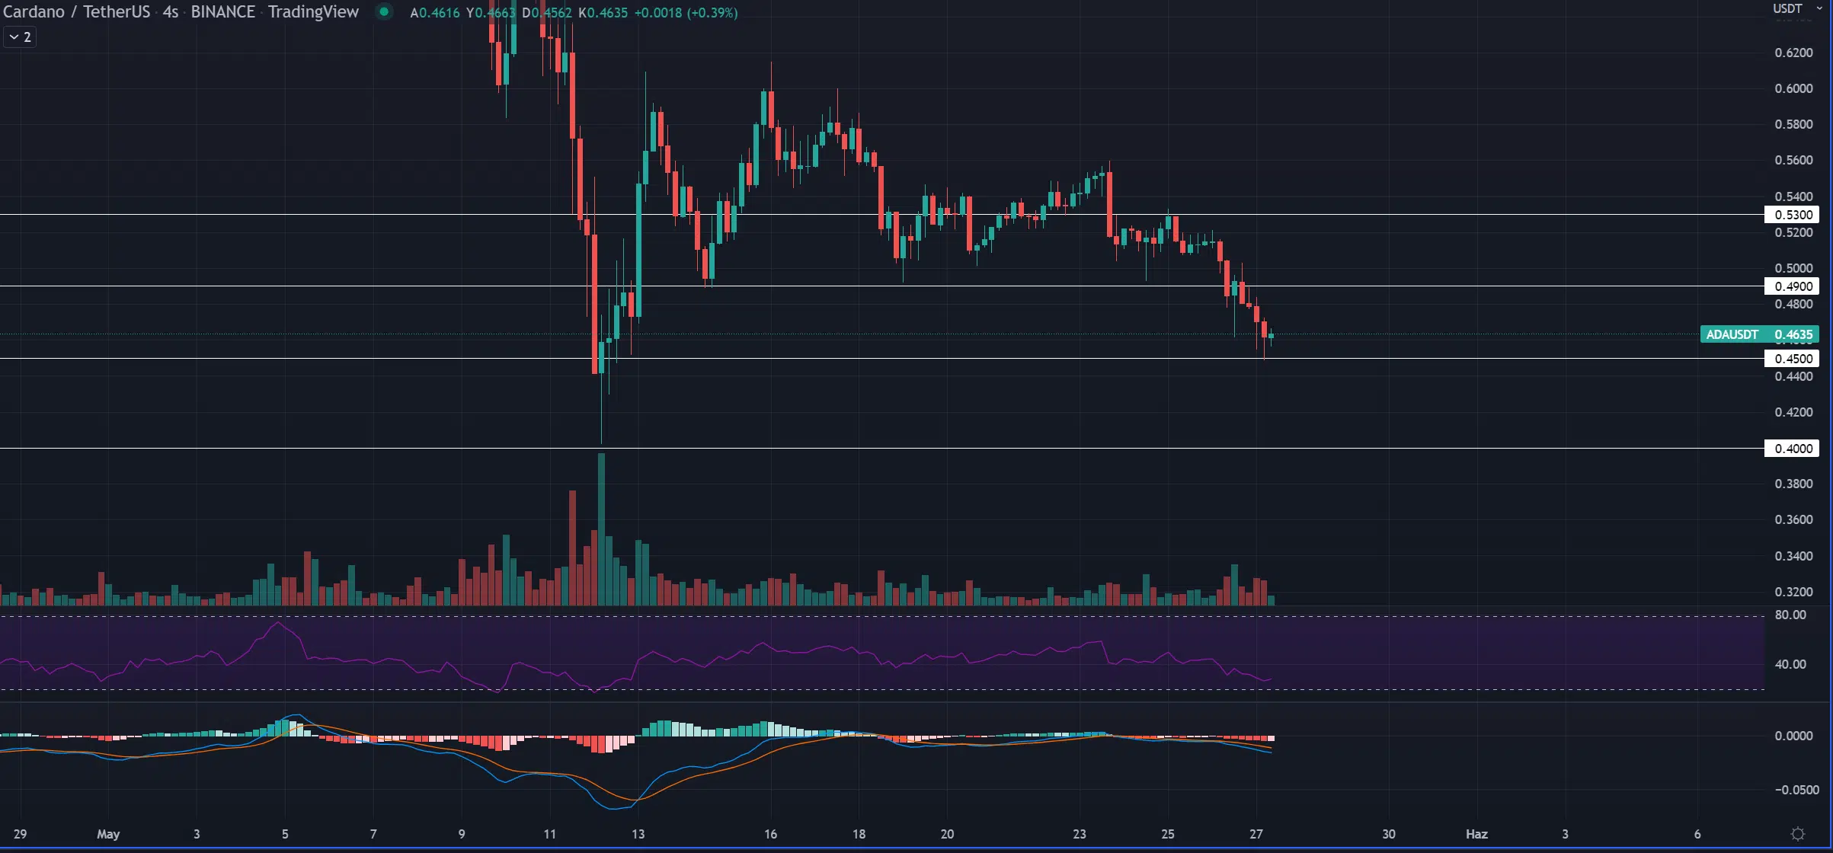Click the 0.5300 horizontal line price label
1793,215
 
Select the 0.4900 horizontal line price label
1793,286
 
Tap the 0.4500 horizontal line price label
1793,359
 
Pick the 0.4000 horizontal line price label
1793,449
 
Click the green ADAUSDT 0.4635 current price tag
1759,334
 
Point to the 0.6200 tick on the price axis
1793,53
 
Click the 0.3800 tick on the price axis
1793,484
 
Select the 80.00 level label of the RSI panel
1790,615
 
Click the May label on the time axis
108,834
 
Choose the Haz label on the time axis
1476,834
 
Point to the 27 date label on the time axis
1256,834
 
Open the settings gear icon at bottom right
1798,834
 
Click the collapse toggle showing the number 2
20,37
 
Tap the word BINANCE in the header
222,12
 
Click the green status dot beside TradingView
385,11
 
